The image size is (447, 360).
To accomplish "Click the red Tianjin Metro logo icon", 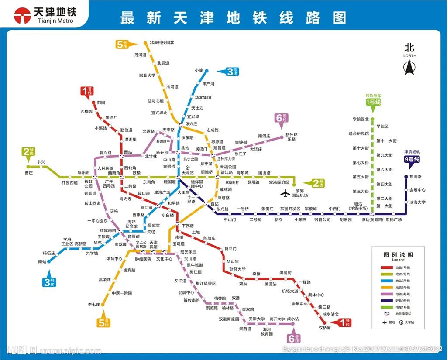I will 21,16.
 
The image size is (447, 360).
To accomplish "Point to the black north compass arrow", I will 409,68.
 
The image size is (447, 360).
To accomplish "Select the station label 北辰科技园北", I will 162,43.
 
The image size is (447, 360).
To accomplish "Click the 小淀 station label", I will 199,70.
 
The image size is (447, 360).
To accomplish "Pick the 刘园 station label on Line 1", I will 101,103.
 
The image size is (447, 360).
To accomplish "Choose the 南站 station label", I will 42,261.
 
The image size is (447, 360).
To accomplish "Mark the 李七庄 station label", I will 94,304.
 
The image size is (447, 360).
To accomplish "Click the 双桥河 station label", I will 325,327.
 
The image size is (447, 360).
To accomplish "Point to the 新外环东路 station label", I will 292,137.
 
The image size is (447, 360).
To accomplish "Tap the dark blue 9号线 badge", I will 412,160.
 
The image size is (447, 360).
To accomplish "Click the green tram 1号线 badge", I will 373,102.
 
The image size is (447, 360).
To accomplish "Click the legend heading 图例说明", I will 398,254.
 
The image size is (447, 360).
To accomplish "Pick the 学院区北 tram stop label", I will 361,119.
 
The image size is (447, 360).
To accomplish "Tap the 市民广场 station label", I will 393,219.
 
